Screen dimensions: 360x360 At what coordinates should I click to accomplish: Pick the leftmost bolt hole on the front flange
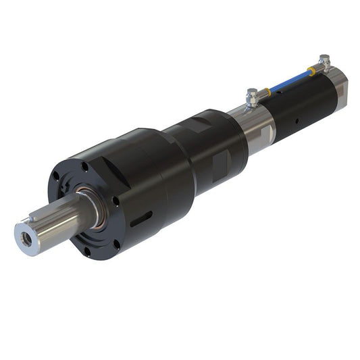pyautogui.click(x=57, y=178)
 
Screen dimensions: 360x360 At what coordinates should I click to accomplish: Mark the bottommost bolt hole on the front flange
pyautogui.click(x=87, y=252)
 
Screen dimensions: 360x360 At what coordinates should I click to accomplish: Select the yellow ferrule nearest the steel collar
pyautogui.click(x=267, y=91)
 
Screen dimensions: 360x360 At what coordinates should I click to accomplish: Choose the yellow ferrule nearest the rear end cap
pyautogui.click(x=311, y=70)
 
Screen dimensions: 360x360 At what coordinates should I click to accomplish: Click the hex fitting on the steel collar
pyautogui.click(x=252, y=99)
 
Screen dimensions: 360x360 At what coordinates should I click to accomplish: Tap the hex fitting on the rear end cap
pyautogui.click(x=325, y=63)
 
